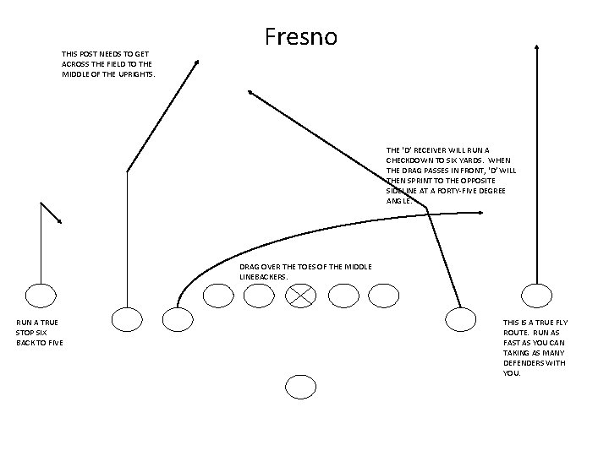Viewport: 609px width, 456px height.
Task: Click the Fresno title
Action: coord(300,37)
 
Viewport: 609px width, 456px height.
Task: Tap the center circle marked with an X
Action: coord(300,295)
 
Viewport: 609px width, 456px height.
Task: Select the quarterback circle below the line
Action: coord(300,387)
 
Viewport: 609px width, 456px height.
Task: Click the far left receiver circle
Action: coord(40,295)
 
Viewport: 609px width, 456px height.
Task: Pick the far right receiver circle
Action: coord(535,295)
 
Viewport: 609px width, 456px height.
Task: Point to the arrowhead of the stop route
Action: coord(59,221)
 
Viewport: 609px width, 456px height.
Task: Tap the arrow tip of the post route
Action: coord(197,62)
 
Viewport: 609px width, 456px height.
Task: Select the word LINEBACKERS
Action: coord(265,276)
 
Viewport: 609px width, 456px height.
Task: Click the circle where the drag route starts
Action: coord(177,319)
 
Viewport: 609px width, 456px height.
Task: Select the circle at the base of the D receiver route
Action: coord(460,319)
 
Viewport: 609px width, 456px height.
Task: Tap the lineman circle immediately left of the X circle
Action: coord(259,295)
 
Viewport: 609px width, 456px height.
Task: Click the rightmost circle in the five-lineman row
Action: coord(383,295)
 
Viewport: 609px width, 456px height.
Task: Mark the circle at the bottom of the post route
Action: coord(127,319)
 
